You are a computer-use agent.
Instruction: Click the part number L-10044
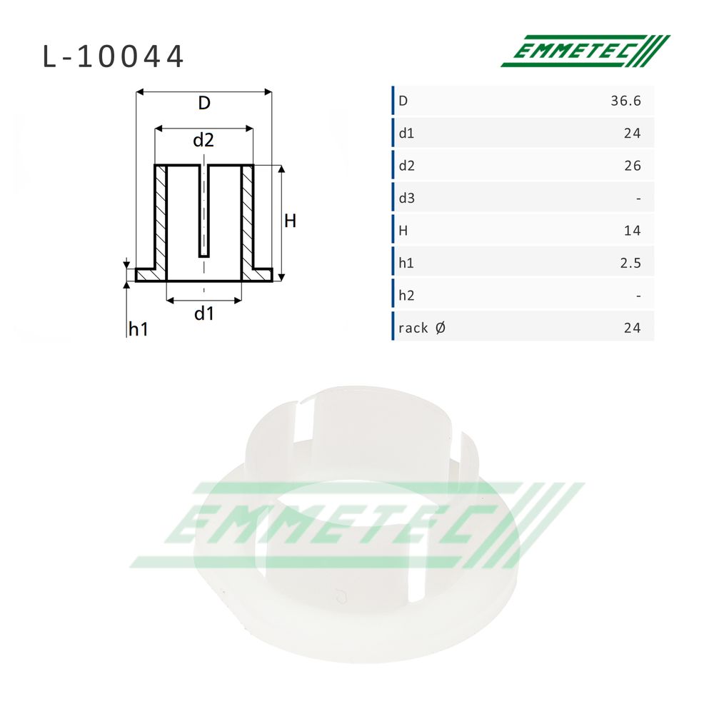point(113,56)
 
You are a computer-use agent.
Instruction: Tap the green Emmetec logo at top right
point(585,51)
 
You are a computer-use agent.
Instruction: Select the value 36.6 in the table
point(625,101)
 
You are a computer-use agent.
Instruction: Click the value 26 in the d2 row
point(633,166)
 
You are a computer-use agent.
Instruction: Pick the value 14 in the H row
point(633,231)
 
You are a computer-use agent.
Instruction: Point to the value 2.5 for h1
point(630,263)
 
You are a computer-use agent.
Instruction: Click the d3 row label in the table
point(407,198)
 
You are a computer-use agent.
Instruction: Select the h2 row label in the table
point(407,296)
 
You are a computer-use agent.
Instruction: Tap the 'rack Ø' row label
point(422,328)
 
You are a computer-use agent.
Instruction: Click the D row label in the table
point(403,101)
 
